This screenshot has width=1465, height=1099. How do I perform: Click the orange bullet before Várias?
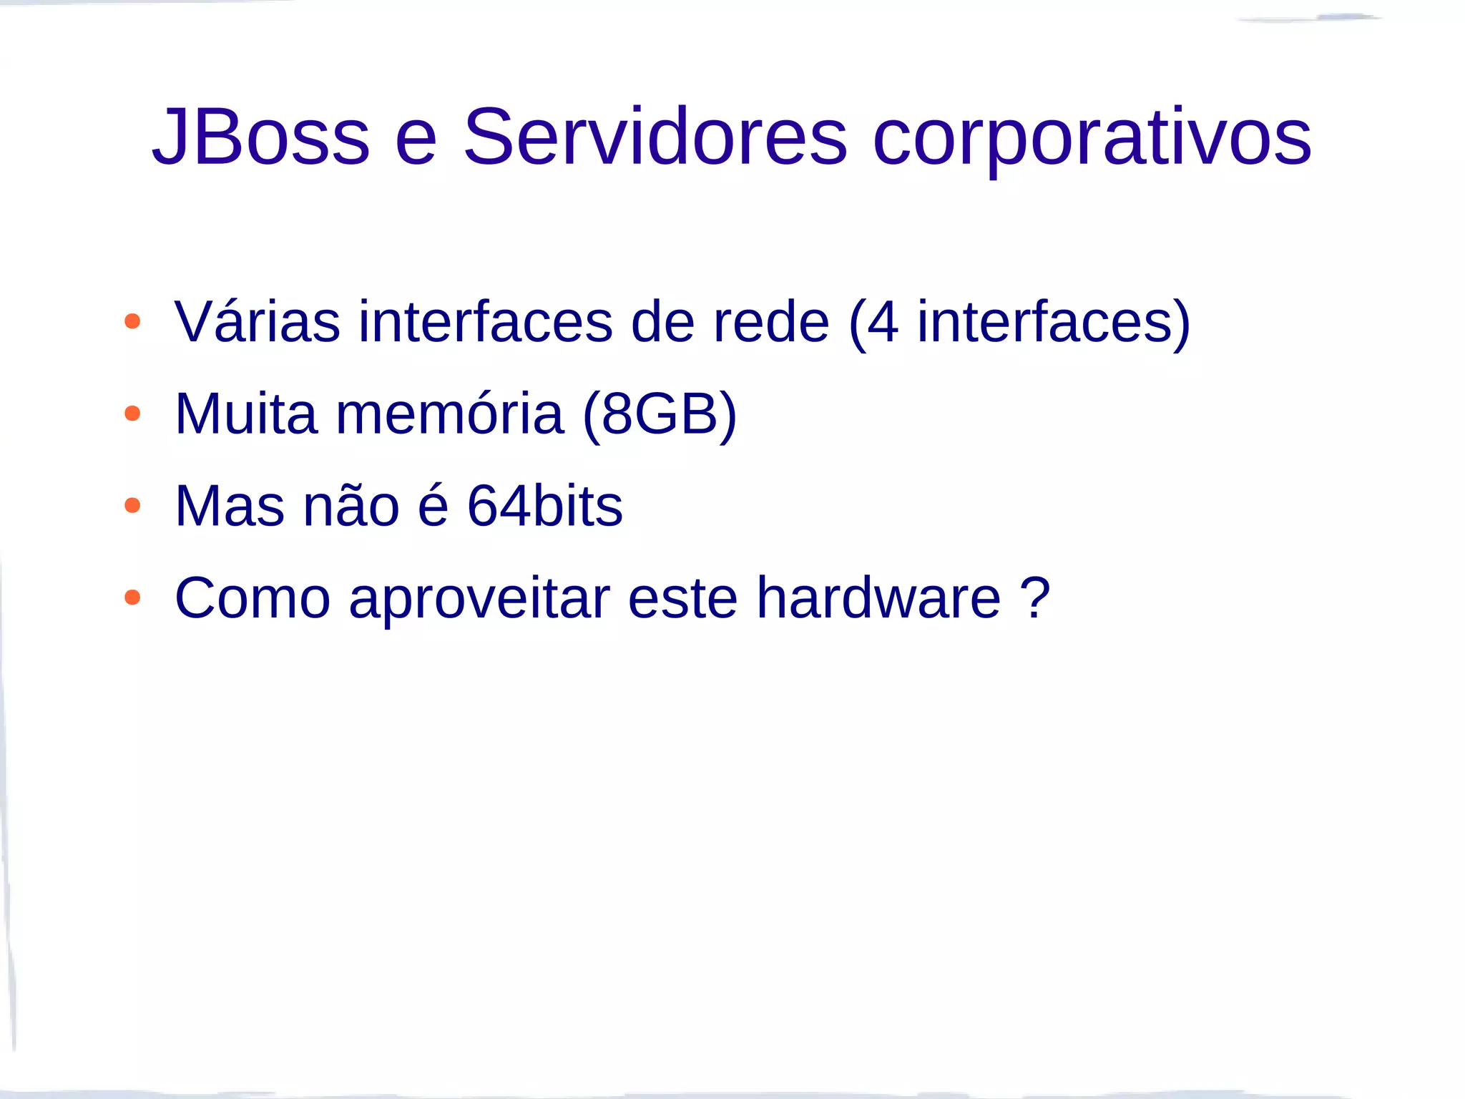pos(132,321)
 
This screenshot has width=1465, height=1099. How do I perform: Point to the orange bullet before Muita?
pos(132,414)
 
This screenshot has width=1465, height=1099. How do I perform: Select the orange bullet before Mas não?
pos(132,506)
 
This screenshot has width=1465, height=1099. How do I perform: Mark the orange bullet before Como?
pos(132,597)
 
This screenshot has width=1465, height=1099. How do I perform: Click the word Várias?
pos(257,321)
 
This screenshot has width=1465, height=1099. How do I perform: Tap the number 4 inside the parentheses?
pos(883,321)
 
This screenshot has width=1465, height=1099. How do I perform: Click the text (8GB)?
pos(660,414)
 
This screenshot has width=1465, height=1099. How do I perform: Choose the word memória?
pos(449,414)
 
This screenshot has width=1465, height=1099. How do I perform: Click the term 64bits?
pos(544,506)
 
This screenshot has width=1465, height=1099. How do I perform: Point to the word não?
pos(351,506)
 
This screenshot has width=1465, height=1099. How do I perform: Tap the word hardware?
pos(878,597)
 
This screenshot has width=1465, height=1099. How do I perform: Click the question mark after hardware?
pos(1034,597)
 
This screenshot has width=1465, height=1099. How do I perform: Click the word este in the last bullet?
pos(682,597)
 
